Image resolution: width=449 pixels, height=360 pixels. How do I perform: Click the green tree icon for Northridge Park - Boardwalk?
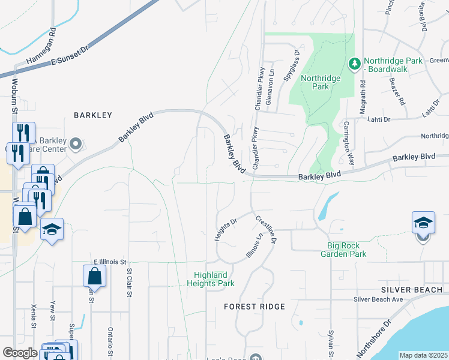pos(354,63)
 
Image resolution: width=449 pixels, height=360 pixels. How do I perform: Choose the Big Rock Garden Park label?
pos(355,250)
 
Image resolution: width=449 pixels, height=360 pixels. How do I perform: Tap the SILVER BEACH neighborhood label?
pos(411,289)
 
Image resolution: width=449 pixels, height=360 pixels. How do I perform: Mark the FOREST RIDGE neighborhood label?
pos(254,307)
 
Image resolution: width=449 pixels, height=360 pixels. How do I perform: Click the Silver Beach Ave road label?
pos(378,299)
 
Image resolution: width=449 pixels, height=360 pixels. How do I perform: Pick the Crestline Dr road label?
pos(266,229)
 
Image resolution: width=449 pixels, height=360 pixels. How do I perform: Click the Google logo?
pos(20,353)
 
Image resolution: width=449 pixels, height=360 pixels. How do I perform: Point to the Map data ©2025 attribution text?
pos(423,355)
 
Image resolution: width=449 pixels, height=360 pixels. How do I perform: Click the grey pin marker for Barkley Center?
pos(76,144)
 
